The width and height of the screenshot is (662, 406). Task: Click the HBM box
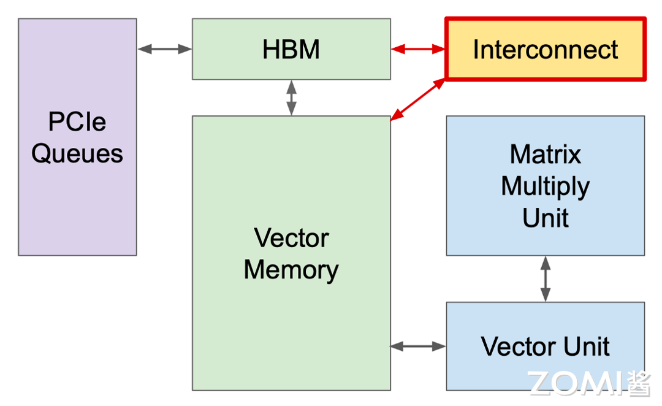coord(291,49)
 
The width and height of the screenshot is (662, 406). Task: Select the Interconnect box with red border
coord(545,49)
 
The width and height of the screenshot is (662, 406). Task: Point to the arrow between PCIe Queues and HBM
coord(164,49)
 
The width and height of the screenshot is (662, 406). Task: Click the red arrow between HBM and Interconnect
coord(418,49)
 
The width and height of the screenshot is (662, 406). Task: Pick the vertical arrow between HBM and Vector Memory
coord(292,98)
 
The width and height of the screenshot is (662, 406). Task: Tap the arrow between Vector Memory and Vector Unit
coord(418,347)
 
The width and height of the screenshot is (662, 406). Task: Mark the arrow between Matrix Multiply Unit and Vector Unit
coord(545,279)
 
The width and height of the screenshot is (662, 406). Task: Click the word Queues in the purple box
coord(77,153)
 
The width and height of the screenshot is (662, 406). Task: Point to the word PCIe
coord(77,123)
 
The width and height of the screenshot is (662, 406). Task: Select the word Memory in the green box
coord(291,270)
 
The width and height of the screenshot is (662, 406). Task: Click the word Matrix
coord(545,154)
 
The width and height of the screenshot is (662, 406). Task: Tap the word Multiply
coord(545,186)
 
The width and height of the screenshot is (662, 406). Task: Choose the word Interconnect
coord(545,50)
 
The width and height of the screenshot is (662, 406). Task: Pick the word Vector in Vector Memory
coord(291,238)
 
